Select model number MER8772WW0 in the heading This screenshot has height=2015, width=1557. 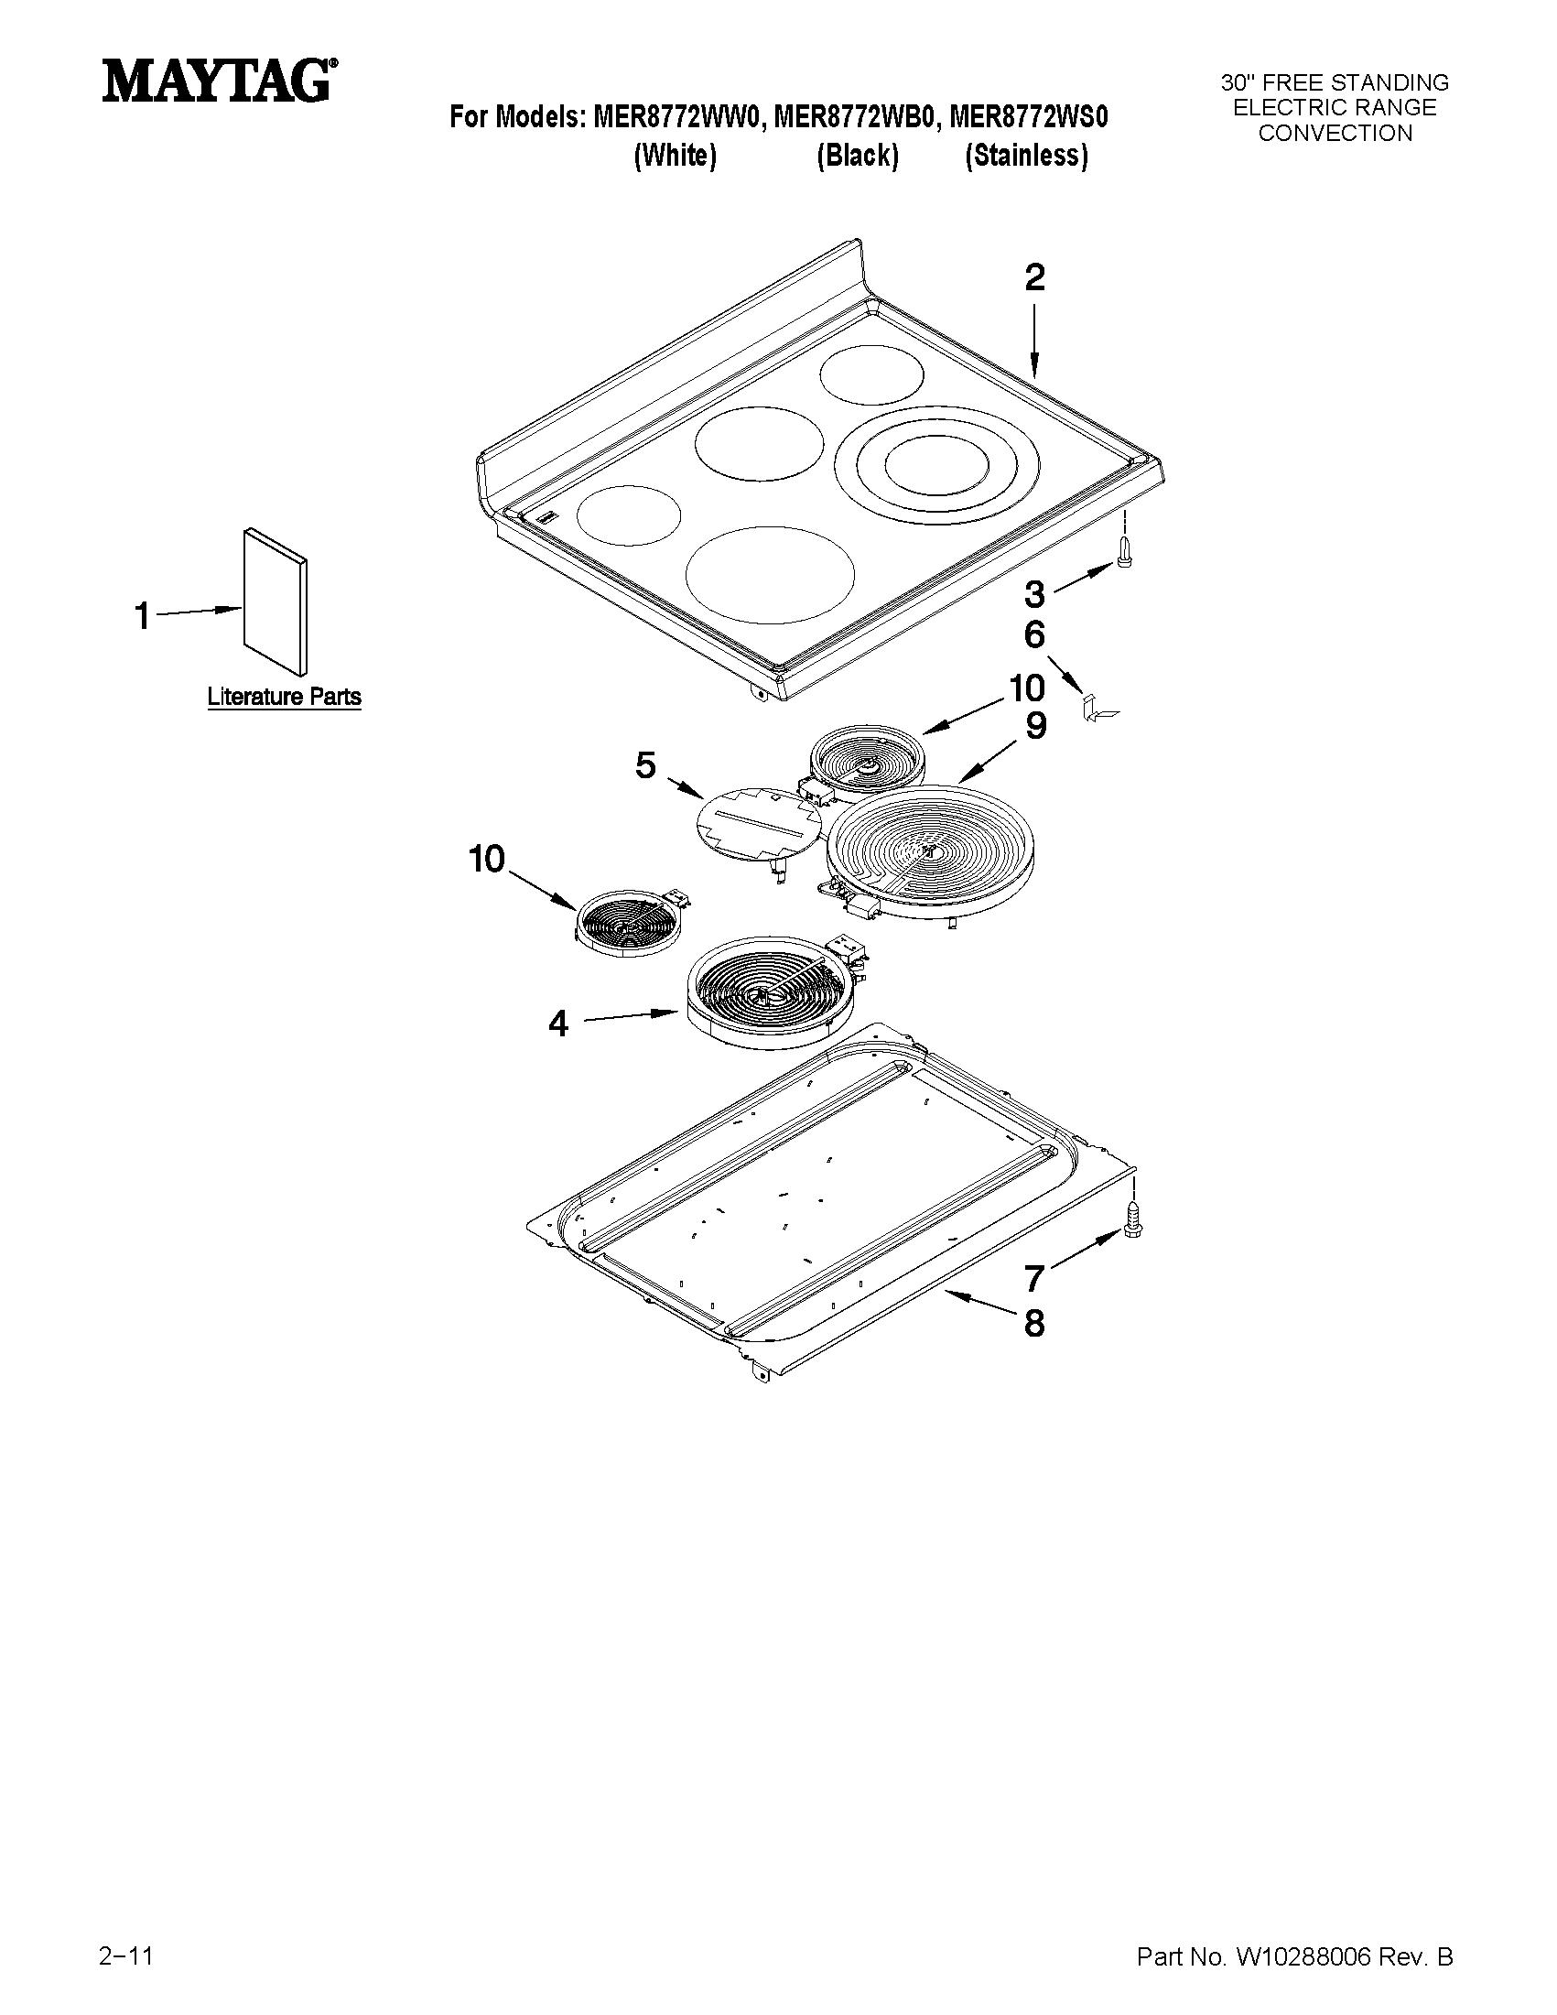tap(679, 117)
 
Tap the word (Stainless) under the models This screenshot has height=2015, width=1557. tap(1026, 156)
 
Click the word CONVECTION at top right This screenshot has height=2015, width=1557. tap(1335, 134)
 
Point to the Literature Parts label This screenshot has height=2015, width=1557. tap(283, 697)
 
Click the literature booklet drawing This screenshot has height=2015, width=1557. tap(275, 601)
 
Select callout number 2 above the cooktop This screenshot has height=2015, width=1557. tap(1034, 277)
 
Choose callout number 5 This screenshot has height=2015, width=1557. tap(644, 764)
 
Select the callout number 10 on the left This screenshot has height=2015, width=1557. tap(486, 859)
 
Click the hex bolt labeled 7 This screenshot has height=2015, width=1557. tap(1130, 1224)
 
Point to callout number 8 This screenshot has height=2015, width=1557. tap(1034, 1324)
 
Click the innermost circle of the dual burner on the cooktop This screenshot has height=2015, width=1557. tap(936, 461)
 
